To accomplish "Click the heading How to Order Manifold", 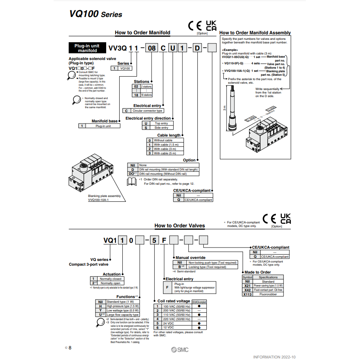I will click(x=142, y=32).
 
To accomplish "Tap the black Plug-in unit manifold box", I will click(x=87, y=48).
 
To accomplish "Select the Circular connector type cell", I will click(x=147, y=111).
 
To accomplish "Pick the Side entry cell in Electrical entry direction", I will click(x=161, y=127).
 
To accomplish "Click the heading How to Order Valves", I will click(x=180, y=226).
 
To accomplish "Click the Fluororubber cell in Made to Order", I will click(x=268, y=294).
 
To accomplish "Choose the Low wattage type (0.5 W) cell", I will click(x=122, y=310).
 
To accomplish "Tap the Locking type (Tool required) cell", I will click(x=207, y=267).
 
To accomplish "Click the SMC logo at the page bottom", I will click(x=181, y=349).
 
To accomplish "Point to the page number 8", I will click(x=70, y=348).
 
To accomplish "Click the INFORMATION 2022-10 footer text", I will click(x=274, y=357).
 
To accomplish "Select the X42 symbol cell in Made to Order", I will click(x=247, y=290).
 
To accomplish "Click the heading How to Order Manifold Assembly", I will click(x=255, y=33).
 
